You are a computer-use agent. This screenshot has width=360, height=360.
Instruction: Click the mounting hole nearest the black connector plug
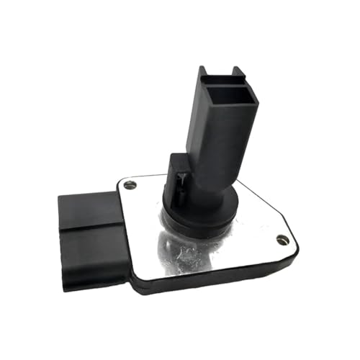coord(130,185)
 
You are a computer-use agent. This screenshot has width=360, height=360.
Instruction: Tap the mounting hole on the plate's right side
coord(282,240)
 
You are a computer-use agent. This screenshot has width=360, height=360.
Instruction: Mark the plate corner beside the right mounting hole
coord(294,245)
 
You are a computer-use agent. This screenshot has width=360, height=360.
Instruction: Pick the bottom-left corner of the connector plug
coord(66,287)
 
